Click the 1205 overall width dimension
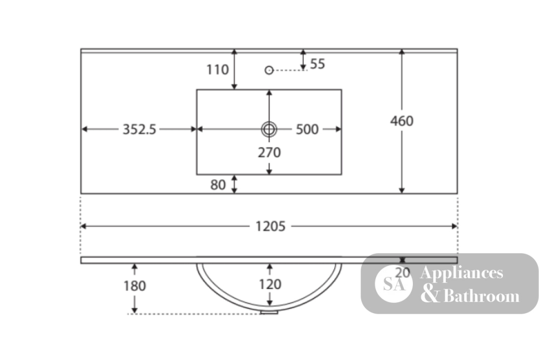pos(270,226)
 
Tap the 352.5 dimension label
pos(139,129)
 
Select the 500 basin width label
pos(307,129)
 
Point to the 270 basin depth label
pos(269,153)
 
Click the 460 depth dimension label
pos(402,121)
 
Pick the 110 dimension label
pos(217,70)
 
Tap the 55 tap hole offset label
pos(317,64)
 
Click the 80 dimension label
pos(218,185)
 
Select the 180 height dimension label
pos(134,286)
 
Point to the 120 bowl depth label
pos(270,285)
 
